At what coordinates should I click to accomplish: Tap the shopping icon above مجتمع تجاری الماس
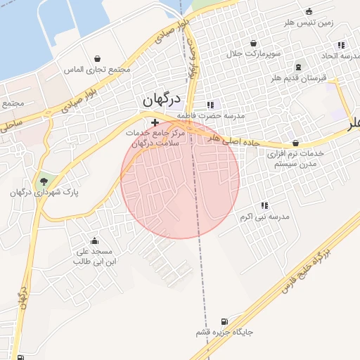[x=97, y=58]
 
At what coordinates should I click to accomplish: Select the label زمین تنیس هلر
[x=309, y=22]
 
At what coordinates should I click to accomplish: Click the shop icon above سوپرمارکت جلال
[x=253, y=42]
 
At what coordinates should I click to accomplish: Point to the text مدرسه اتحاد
[x=340, y=55]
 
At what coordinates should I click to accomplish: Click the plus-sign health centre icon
[x=155, y=123]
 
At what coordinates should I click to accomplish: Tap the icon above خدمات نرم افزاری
[x=295, y=142]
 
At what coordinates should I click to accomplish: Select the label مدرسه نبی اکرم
[x=264, y=217]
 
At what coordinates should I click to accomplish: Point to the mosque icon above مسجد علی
[x=94, y=241]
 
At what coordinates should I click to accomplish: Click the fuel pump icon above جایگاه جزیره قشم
[x=224, y=321]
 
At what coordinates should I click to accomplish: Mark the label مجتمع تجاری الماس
[x=99, y=70]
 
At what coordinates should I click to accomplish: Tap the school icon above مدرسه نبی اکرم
[x=264, y=205]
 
